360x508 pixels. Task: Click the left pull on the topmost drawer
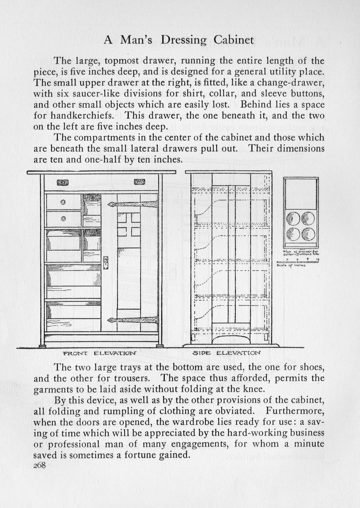point(62,182)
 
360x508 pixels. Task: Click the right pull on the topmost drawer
point(139,181)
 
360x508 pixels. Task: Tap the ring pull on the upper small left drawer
point(63,202)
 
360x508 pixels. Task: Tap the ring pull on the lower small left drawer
point(63,219)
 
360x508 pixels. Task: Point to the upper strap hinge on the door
point(130,204)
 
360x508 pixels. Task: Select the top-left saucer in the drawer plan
point(293,219)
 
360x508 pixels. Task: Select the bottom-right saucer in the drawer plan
point(308,234)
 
